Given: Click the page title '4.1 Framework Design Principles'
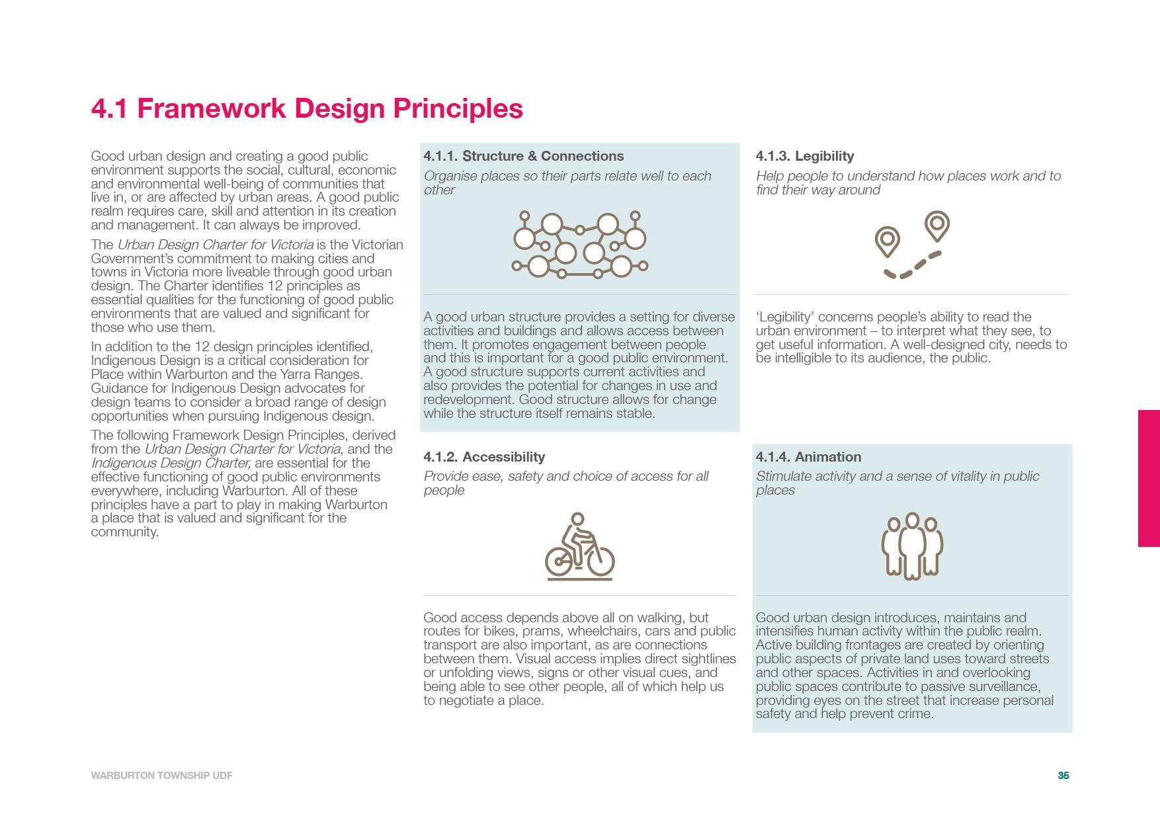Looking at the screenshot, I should pos(307,108).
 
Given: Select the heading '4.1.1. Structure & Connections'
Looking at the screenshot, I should pos(523,156).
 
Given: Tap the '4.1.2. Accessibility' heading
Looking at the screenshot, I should pos(484,457).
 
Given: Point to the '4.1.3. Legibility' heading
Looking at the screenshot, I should pos(805,156).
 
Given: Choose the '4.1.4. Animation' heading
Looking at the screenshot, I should pos(808,457).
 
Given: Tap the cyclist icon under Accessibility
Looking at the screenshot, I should pos(579,546).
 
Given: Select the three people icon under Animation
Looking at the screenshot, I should pos(912,546).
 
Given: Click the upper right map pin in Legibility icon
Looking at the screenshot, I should pos(936,225).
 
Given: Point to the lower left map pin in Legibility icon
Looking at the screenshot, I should pos(888,241).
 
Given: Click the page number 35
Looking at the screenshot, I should pos(1063,776).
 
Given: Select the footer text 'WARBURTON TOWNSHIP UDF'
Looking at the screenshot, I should pos(161,776).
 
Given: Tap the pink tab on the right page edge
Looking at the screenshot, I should pos(1149,478).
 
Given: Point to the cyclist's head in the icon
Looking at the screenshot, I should pos(577,519).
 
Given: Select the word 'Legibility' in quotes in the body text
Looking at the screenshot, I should pos(785,317).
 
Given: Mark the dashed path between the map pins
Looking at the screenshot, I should pos(913,266).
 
